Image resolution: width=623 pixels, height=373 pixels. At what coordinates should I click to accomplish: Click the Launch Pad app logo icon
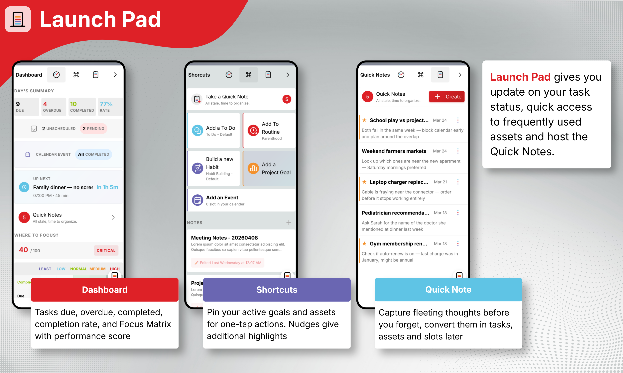pyautogui.click(x=18, y=19)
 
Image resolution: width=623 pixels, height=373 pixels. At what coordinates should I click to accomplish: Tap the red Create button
pyautogui.click(x=446, y=97)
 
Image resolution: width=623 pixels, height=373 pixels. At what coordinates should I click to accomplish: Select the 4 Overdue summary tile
pyautogui.click(x=54, y=107)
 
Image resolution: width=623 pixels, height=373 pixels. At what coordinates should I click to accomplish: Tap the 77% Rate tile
pyautogui.click(x=110, y=107)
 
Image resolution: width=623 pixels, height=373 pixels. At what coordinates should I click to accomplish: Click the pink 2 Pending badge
pyautogui.click(x=93, y=129)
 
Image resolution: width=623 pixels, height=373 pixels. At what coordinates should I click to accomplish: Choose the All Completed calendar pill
pyautogui.click(x=93, y=154)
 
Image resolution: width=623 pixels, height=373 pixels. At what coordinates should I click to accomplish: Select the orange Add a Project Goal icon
pyautogui.click(x=253, y=168)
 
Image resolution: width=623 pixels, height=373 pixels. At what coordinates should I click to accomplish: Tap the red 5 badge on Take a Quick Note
pyautogui.click(x=287, y=99)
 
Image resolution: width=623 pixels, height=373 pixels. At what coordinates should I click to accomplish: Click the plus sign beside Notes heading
pyautogui.click(x=289, y=223)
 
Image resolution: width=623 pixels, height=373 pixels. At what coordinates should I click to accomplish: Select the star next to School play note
pyautogui.click(x=364, y=120)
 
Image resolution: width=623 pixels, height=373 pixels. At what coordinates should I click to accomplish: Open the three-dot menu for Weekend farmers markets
pyautogui.click(x=458, y=151)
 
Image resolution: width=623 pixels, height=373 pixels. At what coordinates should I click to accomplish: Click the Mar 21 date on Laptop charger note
pyautogui.click(x=440, y=182)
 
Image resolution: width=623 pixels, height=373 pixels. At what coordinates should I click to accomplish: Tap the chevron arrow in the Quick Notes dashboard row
pyautogui.click(x=113, y=217)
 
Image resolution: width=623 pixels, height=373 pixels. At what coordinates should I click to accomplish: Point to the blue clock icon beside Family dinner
pyautogui.click(x=24, y=187)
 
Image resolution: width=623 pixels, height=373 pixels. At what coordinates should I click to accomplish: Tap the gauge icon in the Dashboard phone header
pyautogui.click(x=56, y=75)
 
